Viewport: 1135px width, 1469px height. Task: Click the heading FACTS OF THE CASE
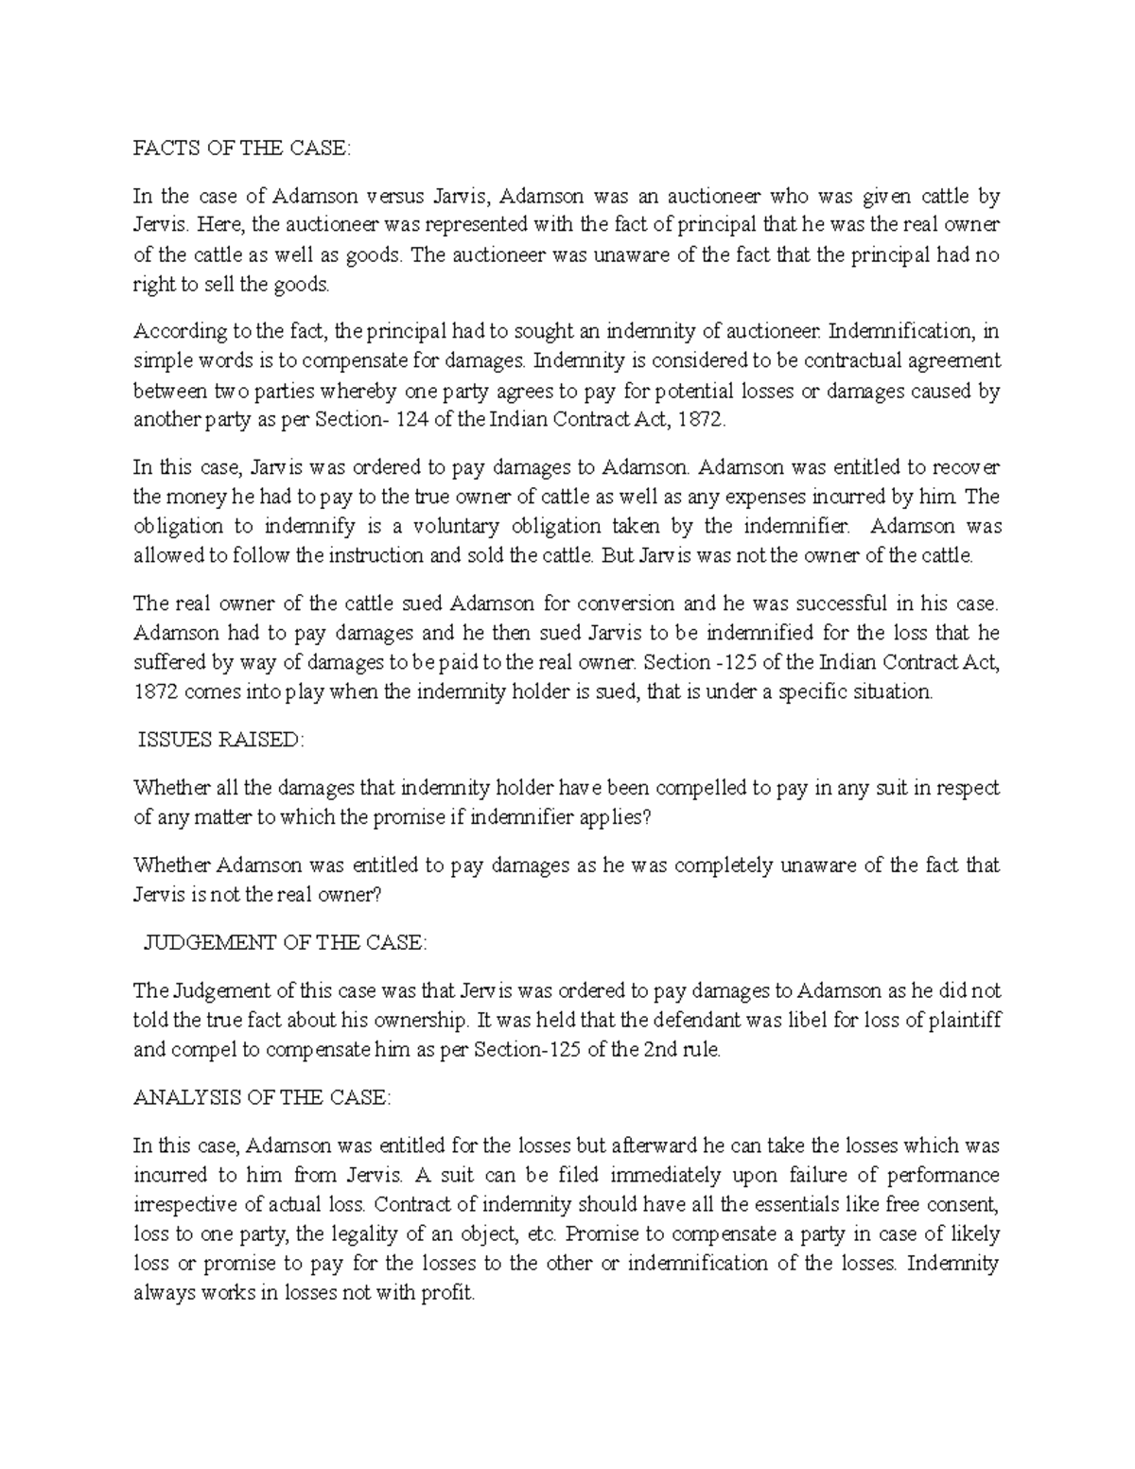[241, 149]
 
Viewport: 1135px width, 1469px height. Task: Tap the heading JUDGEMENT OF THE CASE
[284, 943]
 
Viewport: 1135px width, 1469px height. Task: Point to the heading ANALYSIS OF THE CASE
[262, 1097]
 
